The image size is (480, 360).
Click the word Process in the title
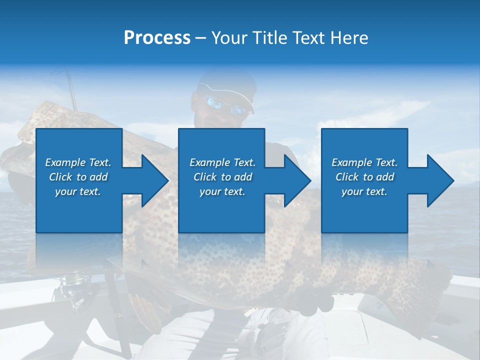click(x=157, y=38)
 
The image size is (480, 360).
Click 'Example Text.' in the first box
click(x=78, y=162)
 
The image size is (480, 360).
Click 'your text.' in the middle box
click(x=222, y=191)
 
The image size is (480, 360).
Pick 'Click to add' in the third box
click(x=364, y=177)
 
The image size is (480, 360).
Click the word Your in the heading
click(x=229, y=38)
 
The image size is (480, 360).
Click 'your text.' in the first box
click(x=78, y=191)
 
